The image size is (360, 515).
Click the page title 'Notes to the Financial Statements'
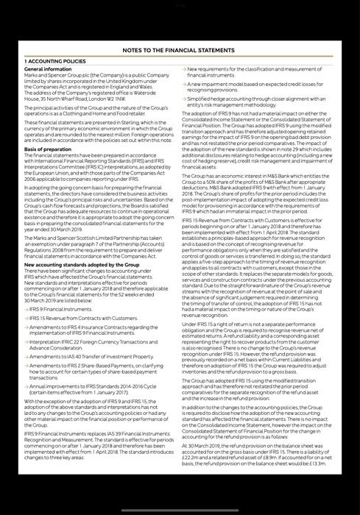pos(180,51)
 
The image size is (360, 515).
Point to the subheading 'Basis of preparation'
pos(49,149)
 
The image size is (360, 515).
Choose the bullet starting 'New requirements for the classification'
pos(254,72)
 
